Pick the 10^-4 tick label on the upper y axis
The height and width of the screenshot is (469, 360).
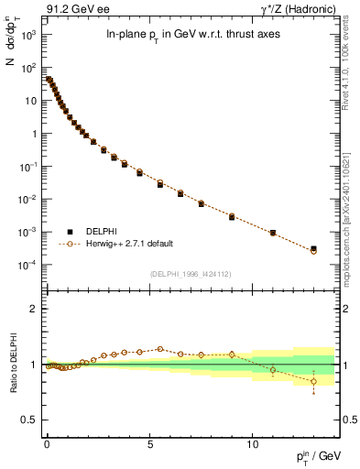[x=28, y=266]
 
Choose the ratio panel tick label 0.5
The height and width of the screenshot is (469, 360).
[x=29, y=420]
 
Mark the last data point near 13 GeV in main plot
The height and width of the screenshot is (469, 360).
[x=313, y=249]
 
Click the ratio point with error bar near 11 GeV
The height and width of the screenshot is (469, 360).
[x=273, y=370]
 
